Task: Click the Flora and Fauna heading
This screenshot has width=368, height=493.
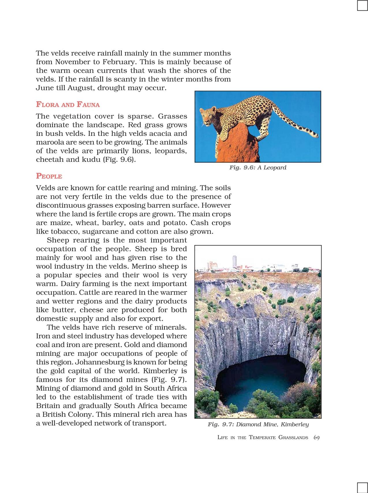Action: [68, 104]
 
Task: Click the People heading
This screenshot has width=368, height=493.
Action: [49, 176]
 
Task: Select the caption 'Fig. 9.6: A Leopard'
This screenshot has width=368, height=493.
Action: [258, 168]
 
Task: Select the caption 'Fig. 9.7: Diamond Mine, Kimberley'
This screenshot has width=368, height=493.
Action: [258, 424]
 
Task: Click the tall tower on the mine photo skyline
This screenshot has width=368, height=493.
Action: [234, 262]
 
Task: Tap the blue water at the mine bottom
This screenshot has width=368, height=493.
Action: [260, 381]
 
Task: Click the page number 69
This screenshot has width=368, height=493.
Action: [316, 437]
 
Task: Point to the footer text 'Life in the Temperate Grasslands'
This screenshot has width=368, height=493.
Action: [262, 437]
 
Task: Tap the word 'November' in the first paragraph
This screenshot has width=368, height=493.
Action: [73, 62]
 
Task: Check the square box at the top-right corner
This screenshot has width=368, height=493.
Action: [362, 5]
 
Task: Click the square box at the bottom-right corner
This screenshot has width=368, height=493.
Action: [362, 488]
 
